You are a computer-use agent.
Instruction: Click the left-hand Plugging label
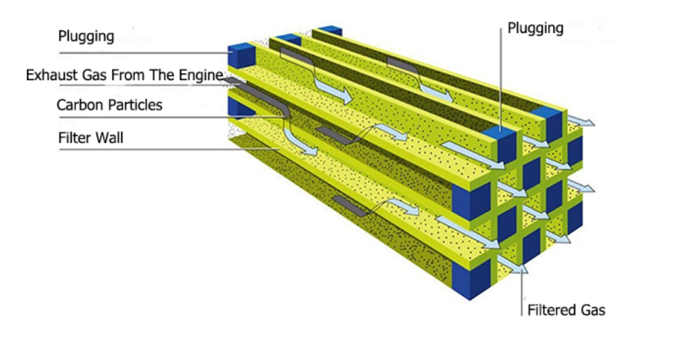tap(86, 36)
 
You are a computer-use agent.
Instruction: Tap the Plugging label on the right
tap(535, 28)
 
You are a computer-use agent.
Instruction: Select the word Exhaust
tap(48, 75)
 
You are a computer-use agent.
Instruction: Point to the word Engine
tap(201, 75)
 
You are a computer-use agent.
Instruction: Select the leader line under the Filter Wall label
tap(161, 150)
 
